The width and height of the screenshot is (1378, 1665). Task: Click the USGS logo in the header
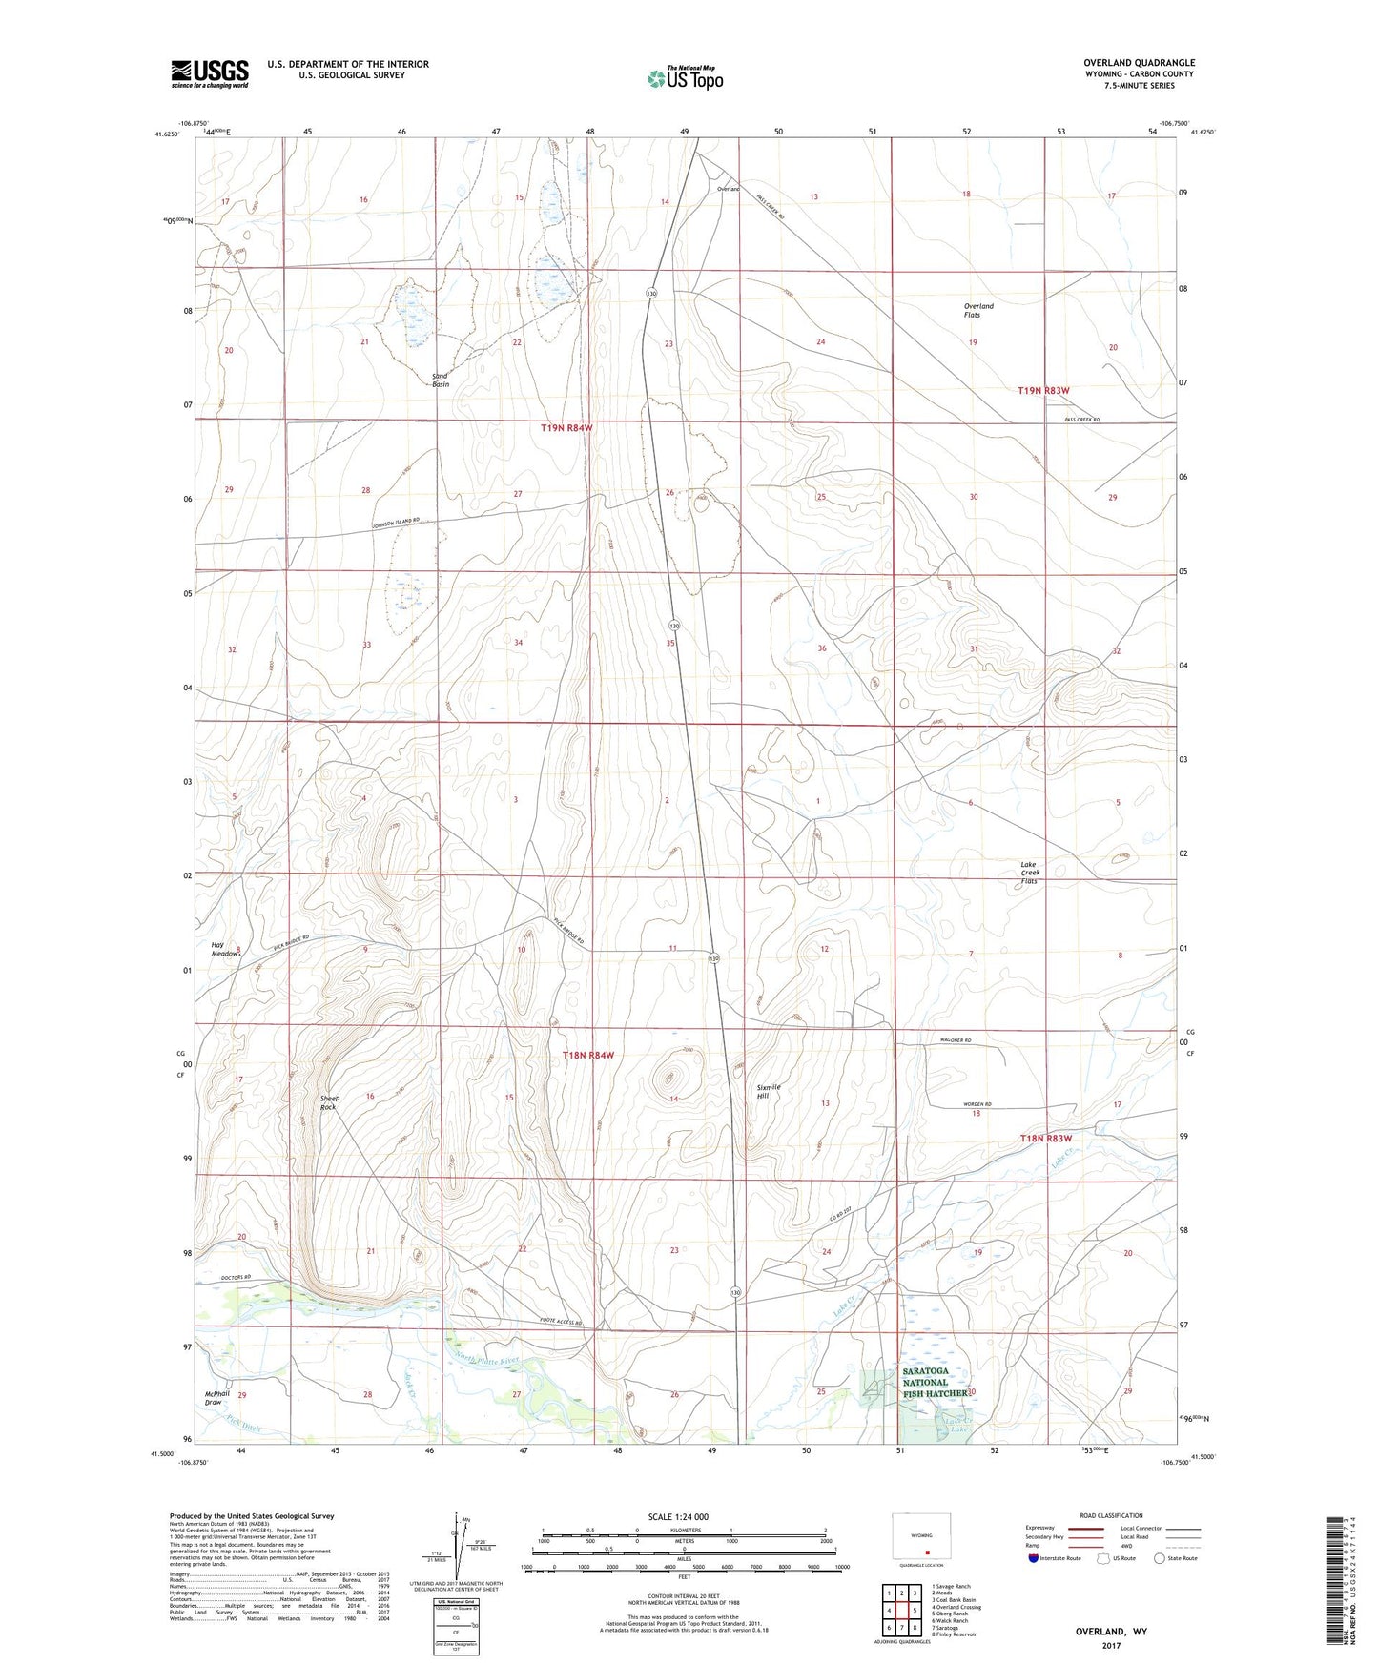tap(210, 73)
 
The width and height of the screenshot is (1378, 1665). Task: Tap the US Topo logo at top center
tap(684, 78)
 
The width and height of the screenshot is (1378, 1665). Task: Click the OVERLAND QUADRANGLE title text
tap(1139, 63)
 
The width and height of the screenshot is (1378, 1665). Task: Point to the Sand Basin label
tap(440, 380)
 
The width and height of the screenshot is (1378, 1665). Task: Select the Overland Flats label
tap(979, 310)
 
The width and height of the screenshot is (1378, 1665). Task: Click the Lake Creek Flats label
tap(1030, 873)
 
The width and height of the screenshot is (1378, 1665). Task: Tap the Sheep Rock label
tap(328, 1102)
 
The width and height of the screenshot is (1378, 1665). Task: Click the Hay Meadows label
tap(226, 949)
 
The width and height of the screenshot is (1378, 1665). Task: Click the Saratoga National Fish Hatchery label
tap(924, 1382)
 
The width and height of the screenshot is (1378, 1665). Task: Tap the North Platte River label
tap(487, 1359)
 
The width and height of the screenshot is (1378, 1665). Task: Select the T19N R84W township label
tap(566, 428)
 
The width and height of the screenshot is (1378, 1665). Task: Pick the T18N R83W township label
tap(1046, 1139)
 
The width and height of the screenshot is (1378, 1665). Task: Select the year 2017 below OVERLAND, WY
tap(1111, 1646)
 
